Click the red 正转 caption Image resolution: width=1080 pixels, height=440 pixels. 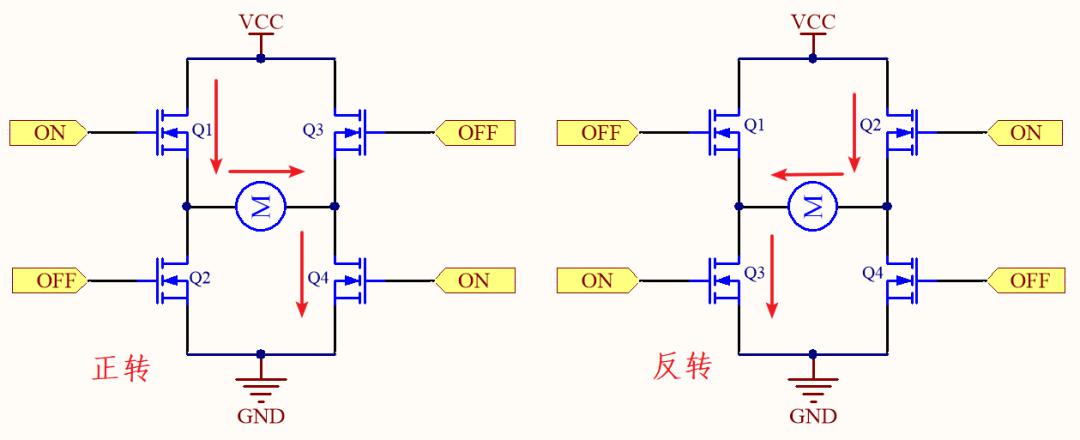(x=121, y=370)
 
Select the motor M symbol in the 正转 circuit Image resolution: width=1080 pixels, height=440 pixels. (x=261, y=206)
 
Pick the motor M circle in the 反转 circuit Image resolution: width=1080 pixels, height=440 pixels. (x=813, y=206)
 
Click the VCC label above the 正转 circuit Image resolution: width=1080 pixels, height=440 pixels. (x=260, y=21)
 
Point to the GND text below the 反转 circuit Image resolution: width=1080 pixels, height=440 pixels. (x=813, y=416)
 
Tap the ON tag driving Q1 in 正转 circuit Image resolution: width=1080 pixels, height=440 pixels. (x=48, y=132)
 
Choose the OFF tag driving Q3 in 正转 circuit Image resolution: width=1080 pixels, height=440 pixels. (x=476, y=132)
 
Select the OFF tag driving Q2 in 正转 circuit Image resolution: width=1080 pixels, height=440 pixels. (x=50, y=280)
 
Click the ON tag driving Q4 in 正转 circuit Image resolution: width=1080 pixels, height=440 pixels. (x=475, y=280)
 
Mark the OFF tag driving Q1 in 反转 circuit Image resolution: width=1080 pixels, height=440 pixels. (x=599, y=132)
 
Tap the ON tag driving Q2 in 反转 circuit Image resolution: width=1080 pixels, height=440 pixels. (x=1025, y=132)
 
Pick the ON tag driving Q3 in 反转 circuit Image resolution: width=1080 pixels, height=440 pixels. (x=596, y=280)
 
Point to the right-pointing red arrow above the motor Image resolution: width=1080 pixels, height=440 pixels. (x=266, y=171)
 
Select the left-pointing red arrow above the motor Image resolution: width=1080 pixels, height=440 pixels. (x=807, y=175)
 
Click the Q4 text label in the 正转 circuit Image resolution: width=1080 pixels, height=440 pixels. (x=318, y=277)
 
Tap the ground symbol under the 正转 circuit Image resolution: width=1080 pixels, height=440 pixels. (x=260, y=388)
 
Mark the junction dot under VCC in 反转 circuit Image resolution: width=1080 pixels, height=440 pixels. (x=813, y=59)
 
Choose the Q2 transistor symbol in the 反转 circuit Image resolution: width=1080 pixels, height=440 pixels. (x=902, y=131)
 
